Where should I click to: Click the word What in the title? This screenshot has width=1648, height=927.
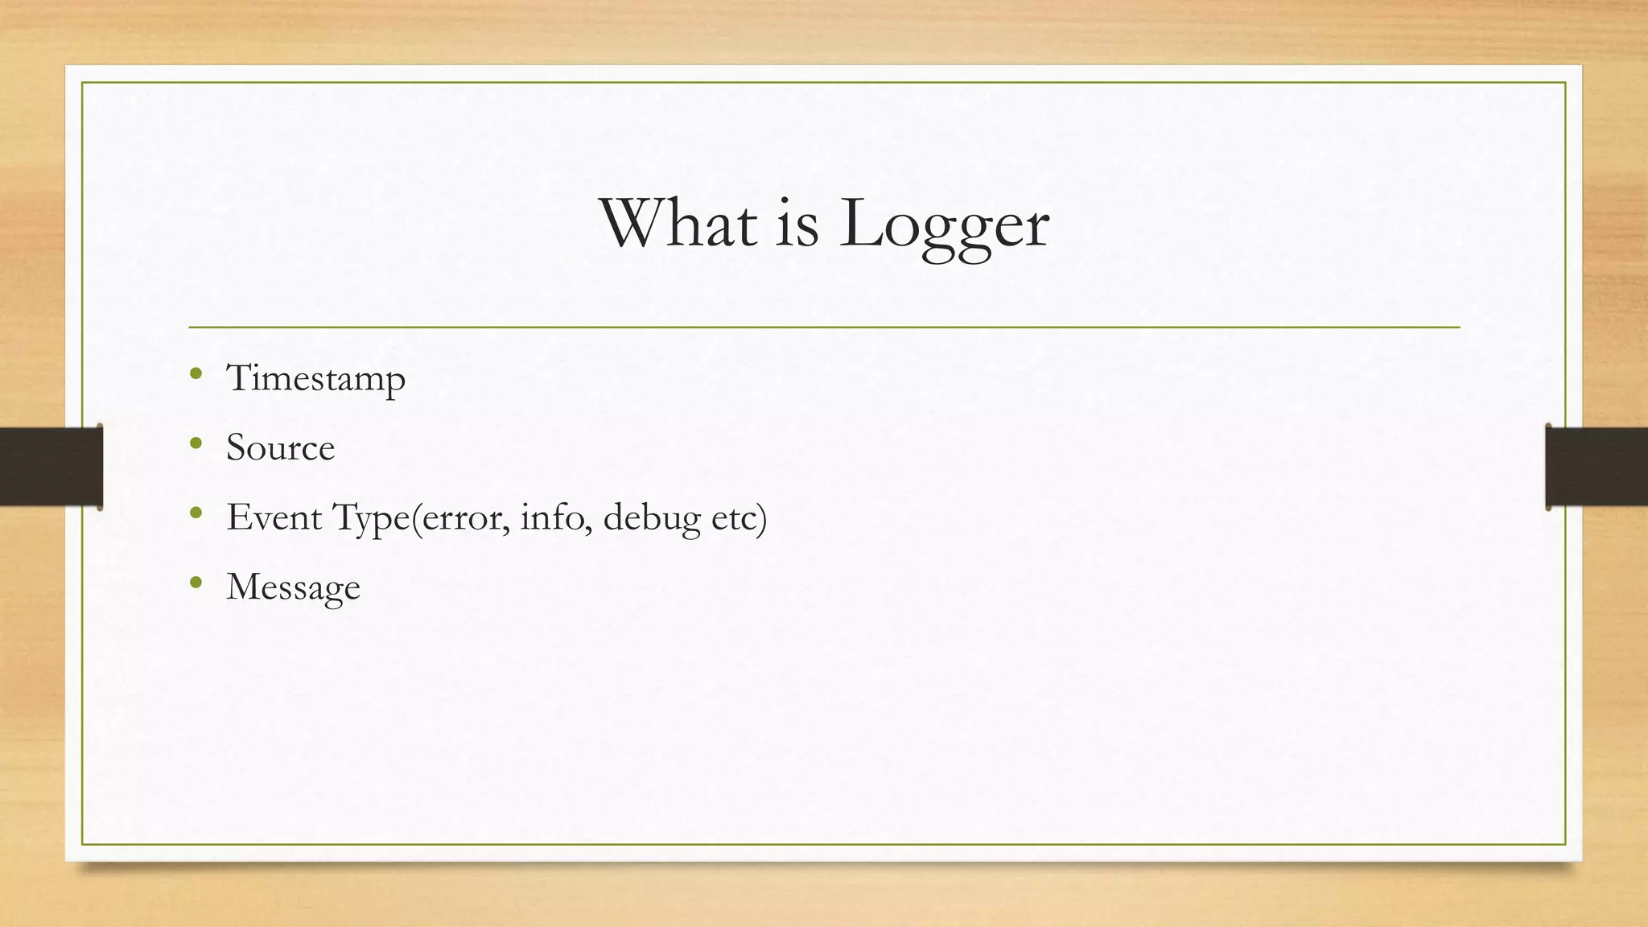(678, 223)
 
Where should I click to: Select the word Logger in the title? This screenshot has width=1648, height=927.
(944, 225)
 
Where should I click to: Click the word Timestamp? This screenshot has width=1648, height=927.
(315, 378)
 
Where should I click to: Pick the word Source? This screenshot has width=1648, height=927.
(280, 447)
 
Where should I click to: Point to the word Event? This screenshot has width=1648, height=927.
(274, 517)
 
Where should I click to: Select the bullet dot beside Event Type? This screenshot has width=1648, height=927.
(196, 513)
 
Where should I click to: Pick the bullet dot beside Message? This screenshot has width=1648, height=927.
(196, 582)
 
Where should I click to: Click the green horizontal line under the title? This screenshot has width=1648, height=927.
(824, 328)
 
